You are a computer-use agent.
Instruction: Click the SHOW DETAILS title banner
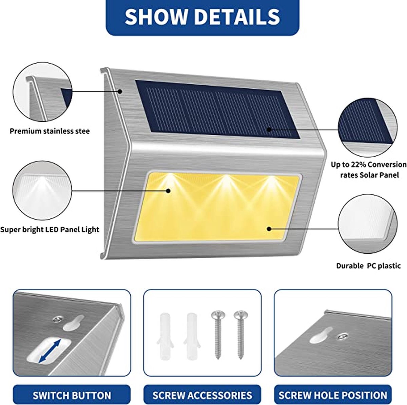click(x=202, y=17)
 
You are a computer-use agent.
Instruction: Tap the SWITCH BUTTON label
click(x=72, y=395)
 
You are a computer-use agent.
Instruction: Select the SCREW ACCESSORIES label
click(x=202, y=395)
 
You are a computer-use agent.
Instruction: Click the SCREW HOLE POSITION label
click(x=333, y=395)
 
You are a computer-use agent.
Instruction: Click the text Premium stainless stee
click(x=50, y=131)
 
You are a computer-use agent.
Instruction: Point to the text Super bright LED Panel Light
click(x=50, y=230)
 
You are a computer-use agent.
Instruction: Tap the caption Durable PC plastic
click(x=368, y=266)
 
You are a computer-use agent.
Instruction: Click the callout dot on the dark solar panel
click(x=269, y=129)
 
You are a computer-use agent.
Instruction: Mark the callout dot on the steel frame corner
click(x=120, y=91)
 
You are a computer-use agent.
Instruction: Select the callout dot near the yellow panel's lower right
click(x=269, y=229)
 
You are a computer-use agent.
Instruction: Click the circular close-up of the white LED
click(x=42, y=190)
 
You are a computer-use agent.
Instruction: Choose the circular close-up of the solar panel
click(x=368, y=127)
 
